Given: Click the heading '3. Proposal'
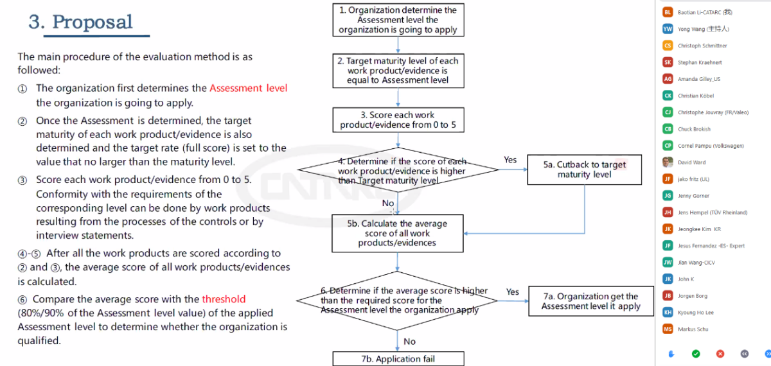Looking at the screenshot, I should point(80,22).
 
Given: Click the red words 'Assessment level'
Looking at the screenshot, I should point(248,88).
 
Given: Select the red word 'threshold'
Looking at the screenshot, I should point(224,299).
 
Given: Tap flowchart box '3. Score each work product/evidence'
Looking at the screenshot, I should point(398,120).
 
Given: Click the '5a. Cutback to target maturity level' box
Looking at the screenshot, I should point(584,170).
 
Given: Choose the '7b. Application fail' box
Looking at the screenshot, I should point(398,358).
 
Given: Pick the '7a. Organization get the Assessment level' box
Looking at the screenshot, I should point(590,301).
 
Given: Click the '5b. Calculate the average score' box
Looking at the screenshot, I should point(397,233).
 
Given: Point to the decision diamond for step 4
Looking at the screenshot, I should point(398,171).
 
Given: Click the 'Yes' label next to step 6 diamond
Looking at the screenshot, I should point(512,292).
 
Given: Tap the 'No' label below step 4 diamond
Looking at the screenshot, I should point(388,204).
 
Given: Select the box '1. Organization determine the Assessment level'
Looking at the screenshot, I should point(398,20).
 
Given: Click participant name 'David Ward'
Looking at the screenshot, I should point(691,162).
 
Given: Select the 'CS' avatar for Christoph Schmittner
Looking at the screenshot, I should point(668,46).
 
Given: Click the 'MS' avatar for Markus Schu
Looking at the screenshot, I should point(668,329).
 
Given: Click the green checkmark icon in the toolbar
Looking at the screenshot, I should point(696,353).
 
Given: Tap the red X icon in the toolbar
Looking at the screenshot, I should point(720,353).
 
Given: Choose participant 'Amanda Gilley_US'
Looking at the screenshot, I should point(699,79).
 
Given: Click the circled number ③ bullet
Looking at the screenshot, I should point(22,180).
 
